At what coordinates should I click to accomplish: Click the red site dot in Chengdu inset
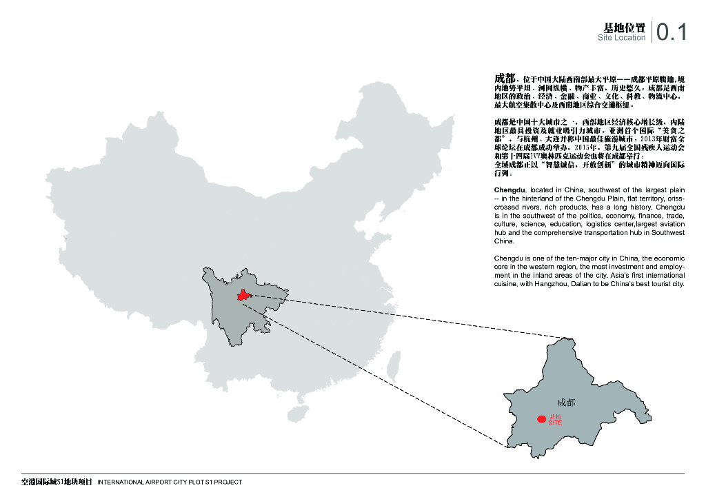click(x=542, y=419)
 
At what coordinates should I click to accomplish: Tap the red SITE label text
click(x=555, y=422)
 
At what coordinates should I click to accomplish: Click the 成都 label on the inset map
click(x=566, y=403)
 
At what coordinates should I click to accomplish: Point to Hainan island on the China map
click(x=298, y=413)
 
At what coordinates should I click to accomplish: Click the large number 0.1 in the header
click(x=672, y=32)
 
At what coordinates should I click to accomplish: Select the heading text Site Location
click(x=622, y=38)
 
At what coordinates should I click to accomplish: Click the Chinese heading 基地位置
click(x=625, y=28)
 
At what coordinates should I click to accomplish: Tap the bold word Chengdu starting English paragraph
click(x=510, y=190)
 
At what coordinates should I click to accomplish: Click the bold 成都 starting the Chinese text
click(x=505, y=77)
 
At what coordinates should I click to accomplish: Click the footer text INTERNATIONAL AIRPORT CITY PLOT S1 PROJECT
click(x=170, y=482)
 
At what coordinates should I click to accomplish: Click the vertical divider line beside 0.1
click(x=652, y=32)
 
